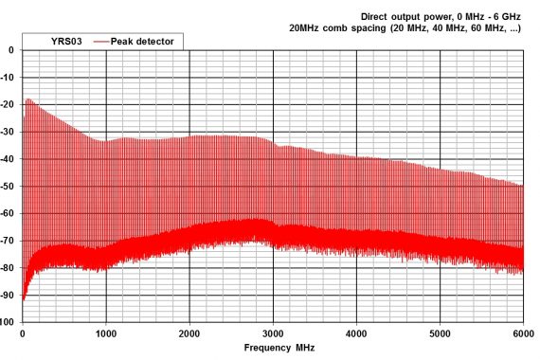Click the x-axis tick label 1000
pos(105,333)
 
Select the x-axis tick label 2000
pos(189,333)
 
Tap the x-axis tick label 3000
pos(273,333)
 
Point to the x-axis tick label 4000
pos(356,333)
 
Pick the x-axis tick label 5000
pos(440,333)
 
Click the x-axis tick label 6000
pos(522,333)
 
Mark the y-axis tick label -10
pos(9,78)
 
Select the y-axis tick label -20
pos(9,104)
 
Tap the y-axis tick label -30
pos(9,132)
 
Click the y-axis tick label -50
pos(9,187)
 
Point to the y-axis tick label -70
pos(9,241)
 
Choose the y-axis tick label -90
pos(9,296)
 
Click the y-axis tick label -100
pos(8,322)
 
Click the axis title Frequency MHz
pos(279,348)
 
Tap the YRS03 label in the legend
pos(64,42)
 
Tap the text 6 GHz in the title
pos(505,16)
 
